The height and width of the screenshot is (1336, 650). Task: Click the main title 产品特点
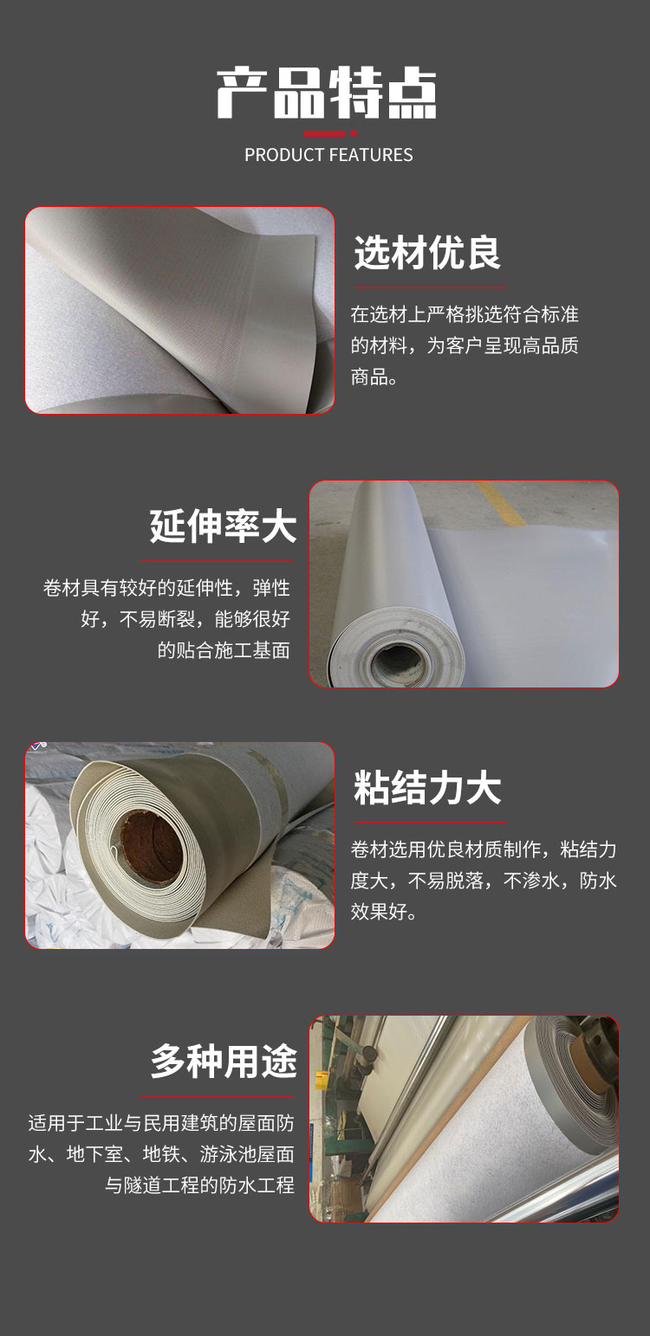(x=327, y=93)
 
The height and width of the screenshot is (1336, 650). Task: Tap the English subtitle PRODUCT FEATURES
(x=328, y=155)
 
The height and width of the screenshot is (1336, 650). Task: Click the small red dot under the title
(x=354, y=133)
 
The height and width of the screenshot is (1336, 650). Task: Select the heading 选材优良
(x=426, y=252)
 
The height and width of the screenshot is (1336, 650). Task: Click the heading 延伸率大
(x=223, y=526)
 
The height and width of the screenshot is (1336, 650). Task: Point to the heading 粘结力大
(x=426, y=787)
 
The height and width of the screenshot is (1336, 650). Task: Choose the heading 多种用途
(x=224, y=1062)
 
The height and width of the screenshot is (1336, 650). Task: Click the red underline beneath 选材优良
(x=430, y=287)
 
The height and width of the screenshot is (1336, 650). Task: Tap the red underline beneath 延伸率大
(x=217, y=561)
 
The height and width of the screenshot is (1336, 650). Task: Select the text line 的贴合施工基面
(x=224, y=650)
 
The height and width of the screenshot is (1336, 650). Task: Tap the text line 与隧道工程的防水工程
(x=200, y=1185)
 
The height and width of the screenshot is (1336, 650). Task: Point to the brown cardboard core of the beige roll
(x=151, y=846)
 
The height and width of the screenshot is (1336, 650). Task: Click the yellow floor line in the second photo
(x=502, y=504)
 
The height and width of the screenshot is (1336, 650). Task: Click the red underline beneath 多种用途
(x=217, y=1096)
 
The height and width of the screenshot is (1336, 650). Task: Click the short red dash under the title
(x=323, y=133)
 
